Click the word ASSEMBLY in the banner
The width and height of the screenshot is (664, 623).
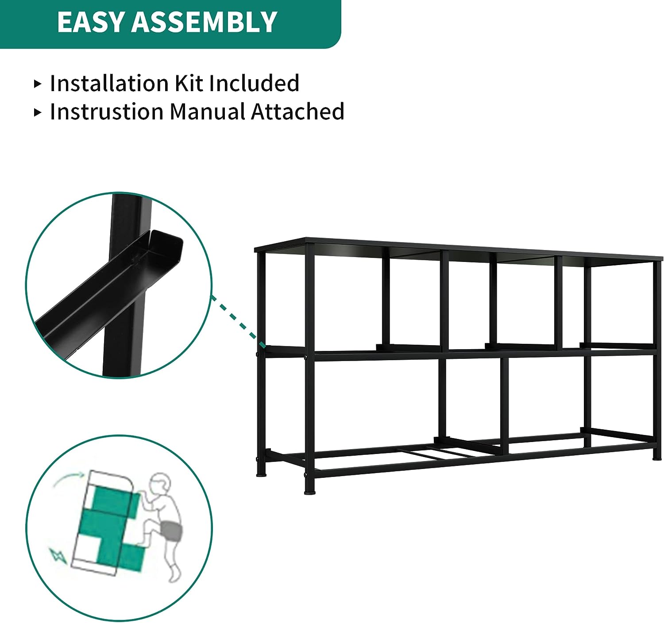(x=204, y=22)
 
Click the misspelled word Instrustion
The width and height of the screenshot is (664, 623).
(x=107, y=112)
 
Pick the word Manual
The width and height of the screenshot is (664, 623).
(x=207, y=112)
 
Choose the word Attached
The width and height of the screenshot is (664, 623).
(x=297, y=112)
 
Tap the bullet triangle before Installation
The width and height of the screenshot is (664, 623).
(x=38, y=84)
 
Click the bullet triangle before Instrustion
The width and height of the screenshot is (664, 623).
(x=38, y=112)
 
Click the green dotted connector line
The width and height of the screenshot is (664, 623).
(x=238, y=321)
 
